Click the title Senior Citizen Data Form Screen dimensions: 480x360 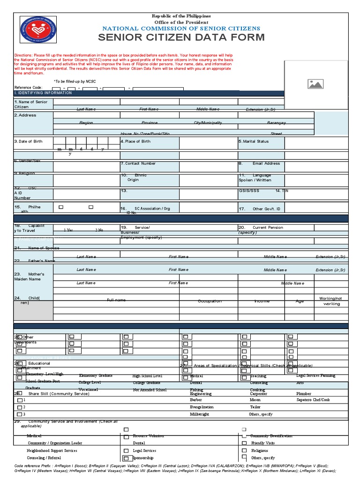pos(181,37)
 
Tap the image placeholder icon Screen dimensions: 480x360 pos(315,84)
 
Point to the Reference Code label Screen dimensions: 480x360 pos(28,88)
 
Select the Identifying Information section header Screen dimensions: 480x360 pos(43,93)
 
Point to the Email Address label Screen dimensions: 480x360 pos(266,164)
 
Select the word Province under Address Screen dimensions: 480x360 pos(150,123)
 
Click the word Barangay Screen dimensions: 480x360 pos(277,123)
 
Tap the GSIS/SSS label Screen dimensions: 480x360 pos(249,191)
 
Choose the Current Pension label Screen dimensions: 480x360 pos(268,227)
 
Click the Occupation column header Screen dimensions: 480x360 pos(210,301)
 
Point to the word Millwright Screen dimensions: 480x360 pos(200,414)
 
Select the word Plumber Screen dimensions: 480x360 pos(304,394)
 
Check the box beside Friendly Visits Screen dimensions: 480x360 pos(244,443)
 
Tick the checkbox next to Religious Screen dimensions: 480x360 pos(244,450)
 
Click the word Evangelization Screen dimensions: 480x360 pos(202,407)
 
